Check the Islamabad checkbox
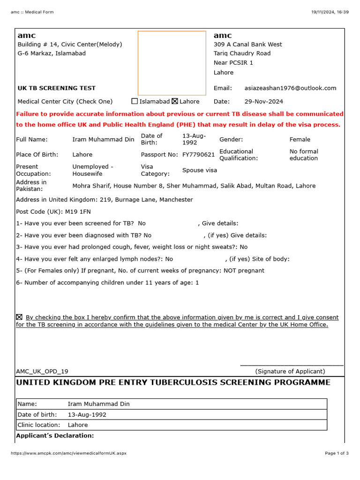click(x=135, y=101)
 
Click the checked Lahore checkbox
click(x=175, y=101)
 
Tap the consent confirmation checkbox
click(x=19, y=317)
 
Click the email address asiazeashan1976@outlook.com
click(x=290, y=88)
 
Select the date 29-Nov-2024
click(x=263, y=101)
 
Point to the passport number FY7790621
click(x=198, y=155)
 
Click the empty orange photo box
click(x=172, y=63)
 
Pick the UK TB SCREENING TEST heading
click(x=56, y=88)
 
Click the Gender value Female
click(x=300, y=139)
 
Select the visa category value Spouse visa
click(x=200, y=170)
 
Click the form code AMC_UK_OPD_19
click(x=42, y=371)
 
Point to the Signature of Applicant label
click(x=290, y=371)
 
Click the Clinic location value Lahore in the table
click(x=78, y=425)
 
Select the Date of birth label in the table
click(x=37, y=415)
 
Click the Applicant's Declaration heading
click(x=55, y=436)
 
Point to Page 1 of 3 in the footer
click(x=337, y=453)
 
